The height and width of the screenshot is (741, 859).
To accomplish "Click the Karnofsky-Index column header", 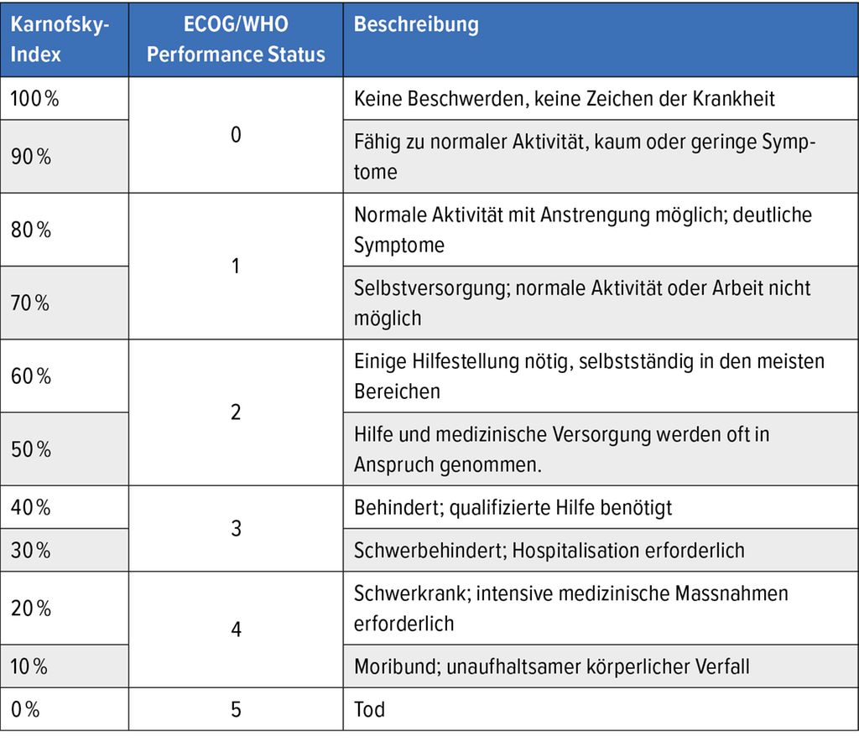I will click(x=60, y=39).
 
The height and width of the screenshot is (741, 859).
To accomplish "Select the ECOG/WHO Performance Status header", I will click(x=236, y=39).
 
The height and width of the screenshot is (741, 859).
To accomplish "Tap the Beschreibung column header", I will click(x=416, y=24).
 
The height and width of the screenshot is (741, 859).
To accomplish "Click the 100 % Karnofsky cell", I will click(x=34, y=98).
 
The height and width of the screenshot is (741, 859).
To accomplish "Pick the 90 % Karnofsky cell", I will click(x=31, y=157).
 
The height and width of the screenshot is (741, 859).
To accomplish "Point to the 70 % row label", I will click(x=31, y=303).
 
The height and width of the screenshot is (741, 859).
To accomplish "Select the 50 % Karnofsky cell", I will click(x=31, y=449).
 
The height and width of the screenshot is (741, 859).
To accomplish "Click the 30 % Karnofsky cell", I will click(x=31, y=550).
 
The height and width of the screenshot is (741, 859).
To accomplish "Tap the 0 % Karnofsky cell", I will click(x=26, y=709).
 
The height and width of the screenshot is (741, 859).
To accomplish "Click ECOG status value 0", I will click(x=236, y=134).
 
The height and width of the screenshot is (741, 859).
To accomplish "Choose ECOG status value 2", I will click(x=236, y=412).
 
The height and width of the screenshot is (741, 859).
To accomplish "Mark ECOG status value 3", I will click(x=236, y=529).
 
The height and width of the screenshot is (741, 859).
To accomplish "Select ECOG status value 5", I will click(x=236, y=709).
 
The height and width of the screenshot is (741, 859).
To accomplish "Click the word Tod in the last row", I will click(x=369, y=709).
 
